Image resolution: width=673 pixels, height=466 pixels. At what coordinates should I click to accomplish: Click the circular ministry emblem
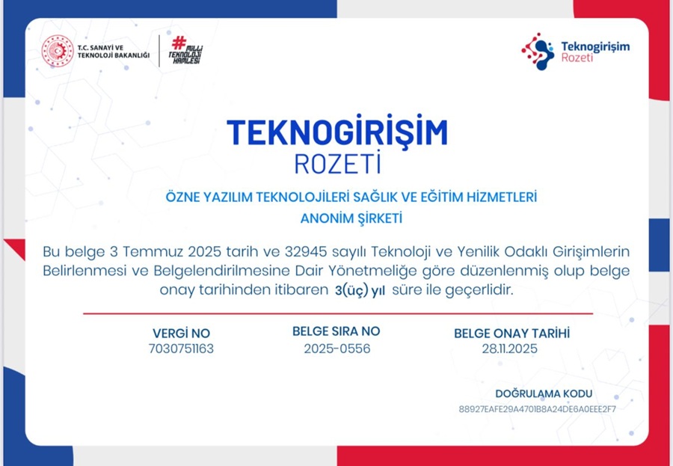click(x=58, y=51)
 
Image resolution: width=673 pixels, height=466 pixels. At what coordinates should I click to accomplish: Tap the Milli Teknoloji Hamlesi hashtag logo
click(x=185, y=51)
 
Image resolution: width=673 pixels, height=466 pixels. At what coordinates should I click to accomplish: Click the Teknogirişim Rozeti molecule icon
click(x=536, y=50)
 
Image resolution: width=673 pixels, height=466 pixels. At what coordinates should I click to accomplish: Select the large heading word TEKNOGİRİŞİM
click(x=337, y=132)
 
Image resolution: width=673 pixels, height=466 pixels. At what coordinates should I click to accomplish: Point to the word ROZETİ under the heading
click(x=337, y=162)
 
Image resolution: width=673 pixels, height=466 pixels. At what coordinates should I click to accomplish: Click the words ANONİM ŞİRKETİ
click(x=351, y=218)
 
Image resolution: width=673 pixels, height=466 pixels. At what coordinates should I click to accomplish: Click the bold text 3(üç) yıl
click(x=360, y=290)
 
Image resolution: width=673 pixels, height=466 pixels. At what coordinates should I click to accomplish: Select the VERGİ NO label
click(x=181, y=334)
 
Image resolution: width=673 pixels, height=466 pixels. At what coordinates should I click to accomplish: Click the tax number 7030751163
click(x=181, y=349)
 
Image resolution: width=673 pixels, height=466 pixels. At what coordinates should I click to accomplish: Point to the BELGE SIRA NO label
click(x=336, y=331)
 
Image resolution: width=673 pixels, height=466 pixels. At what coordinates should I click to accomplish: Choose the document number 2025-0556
click(x=336, y=349)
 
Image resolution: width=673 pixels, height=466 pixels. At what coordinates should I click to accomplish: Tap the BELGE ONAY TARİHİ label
click(x=511, y=334)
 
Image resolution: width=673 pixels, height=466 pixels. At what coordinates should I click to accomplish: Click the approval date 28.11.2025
click(x=511, y=349)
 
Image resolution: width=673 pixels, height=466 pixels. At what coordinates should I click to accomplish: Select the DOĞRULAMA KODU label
click(x=544, y=393)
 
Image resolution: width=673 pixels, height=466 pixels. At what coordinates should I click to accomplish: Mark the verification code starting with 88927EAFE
click(x=537, y=409)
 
